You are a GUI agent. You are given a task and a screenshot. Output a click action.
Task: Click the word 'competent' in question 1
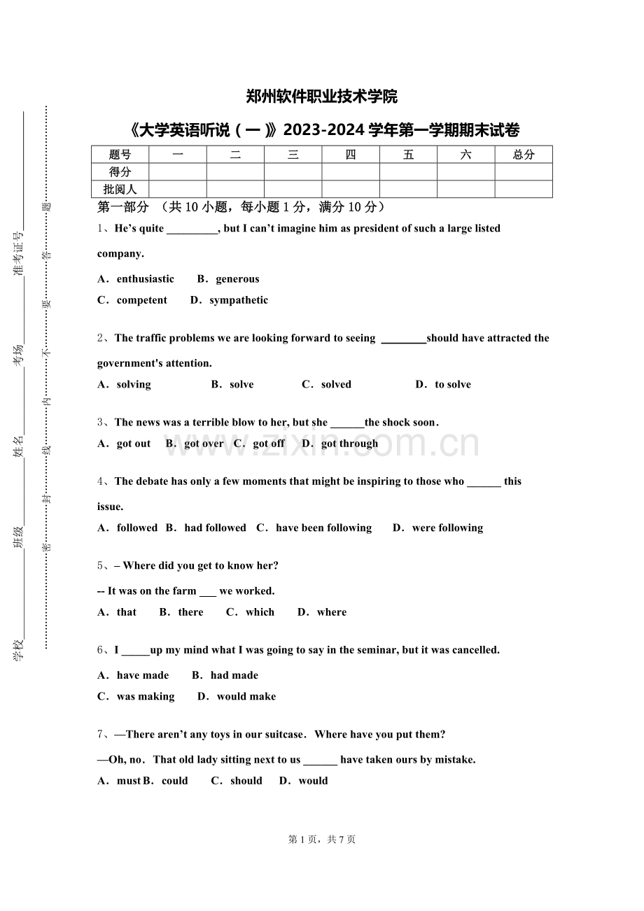pos(142,300)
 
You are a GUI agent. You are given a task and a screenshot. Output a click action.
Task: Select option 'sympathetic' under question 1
pos(239,300)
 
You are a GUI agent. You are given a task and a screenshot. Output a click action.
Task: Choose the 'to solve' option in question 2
pos(452,384)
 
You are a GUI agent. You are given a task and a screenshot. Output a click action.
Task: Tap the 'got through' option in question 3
pos(349,444)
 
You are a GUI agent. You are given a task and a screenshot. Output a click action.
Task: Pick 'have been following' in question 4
pos(323,528)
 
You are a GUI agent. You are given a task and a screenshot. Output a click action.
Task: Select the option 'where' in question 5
pos(331,612)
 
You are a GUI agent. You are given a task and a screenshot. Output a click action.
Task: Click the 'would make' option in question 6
pos(246,696)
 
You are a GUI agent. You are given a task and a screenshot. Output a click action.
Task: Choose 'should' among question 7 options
pos(246,781)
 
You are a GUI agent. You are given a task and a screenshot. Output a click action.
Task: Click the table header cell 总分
pos(524,155)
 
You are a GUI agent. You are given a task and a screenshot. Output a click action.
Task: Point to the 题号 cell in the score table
pos(120,155)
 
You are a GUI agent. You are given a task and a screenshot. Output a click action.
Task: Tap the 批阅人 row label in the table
pos(120,189)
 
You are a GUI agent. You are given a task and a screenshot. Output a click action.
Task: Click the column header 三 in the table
pos(293,155)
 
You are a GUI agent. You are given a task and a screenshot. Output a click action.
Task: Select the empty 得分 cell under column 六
pos(466,171)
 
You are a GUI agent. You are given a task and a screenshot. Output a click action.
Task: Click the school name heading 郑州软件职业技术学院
pos(322,97)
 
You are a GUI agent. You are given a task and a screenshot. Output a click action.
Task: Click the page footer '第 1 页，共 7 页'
pos(322,840)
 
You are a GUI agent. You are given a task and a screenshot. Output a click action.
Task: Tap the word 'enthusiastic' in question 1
pos(146,279)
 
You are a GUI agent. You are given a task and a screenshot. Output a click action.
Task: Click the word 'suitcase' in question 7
pos(285,735)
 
